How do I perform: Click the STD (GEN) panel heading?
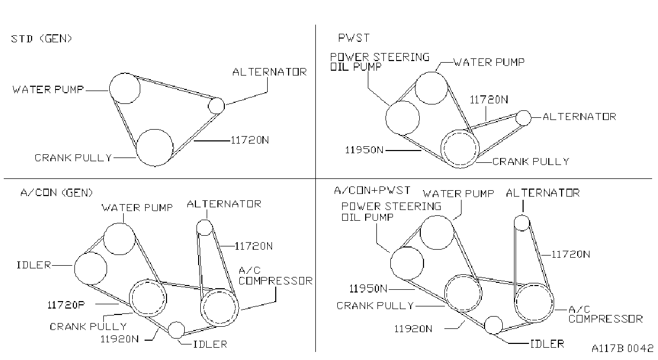[41, 39]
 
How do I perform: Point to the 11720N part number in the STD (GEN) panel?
[249, 140]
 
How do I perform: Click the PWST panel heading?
[354, 38]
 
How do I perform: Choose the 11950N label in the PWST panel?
[364, 150]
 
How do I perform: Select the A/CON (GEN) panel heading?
[56, 193]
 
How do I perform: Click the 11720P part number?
[66, 305]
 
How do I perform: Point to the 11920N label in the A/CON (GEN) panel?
[119, 339]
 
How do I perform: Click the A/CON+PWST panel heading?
[372, 190]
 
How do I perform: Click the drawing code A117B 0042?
[623, 348]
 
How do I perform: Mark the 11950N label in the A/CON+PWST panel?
[368, 289]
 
